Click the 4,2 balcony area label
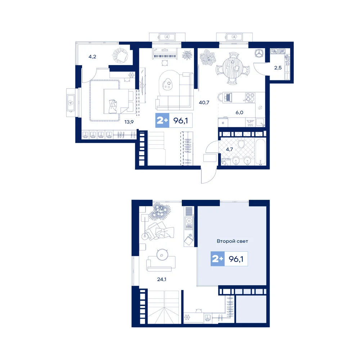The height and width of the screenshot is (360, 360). [x=92, y=57]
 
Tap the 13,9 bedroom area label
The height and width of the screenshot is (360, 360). [x=129, y=122]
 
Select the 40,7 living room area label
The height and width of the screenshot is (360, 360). [x=204, y=102]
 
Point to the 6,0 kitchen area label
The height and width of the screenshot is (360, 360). [x=239, y=112]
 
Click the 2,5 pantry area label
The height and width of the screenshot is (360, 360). [x=278, y=68]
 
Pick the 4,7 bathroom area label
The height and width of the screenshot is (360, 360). [x=229, y=149]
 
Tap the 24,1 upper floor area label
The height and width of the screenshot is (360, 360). [x=162, y=279]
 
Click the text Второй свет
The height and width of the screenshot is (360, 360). [x=232, y=241]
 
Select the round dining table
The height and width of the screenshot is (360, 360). [x=232, y=68]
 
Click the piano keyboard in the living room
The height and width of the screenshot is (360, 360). [x=165, y=56]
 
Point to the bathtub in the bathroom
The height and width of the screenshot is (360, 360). [x=260, y=152]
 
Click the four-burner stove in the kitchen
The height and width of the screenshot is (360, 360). [x=249, y=97]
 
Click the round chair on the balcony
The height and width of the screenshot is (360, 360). [x=120, y=55]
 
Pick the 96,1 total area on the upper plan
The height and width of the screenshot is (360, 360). [x=180, y=120]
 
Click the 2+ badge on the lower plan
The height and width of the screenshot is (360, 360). [x=217, y=259]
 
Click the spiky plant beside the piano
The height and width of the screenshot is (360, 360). [x=187, y=55]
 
